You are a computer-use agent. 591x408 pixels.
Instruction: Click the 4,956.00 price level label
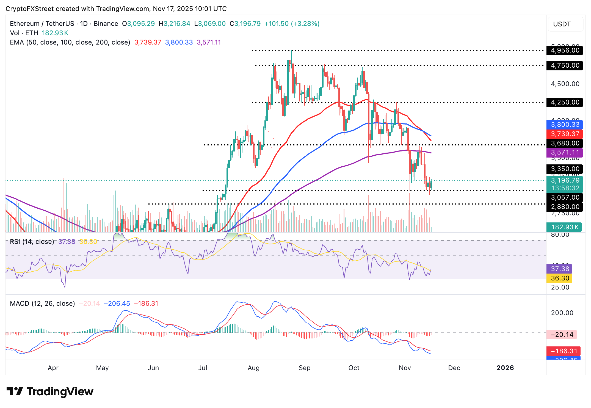point(565,51)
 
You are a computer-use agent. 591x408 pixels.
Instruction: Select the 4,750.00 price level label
point(565,66)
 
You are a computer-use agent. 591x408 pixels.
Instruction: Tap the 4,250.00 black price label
point(565,103)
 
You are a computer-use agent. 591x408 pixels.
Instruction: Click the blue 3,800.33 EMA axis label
point(565,125)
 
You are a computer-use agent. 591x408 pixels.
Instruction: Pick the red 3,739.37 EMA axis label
point(565,134)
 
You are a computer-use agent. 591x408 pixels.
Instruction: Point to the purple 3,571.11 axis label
point(565,153)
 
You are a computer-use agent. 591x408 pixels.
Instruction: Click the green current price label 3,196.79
point(565,181)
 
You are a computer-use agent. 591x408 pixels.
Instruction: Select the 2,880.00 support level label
point(565,207)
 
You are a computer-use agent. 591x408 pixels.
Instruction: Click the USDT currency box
point(565,24)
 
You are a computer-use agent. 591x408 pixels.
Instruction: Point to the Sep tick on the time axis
point(304,368)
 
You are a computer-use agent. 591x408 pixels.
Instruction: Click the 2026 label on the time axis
point(505,368)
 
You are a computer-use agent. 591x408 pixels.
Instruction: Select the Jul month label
point(203,368)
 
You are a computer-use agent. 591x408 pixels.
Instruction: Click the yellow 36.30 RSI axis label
point(560,279)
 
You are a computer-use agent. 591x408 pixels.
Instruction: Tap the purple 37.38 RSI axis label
point(560,269)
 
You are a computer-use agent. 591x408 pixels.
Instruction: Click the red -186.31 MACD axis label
point(564,351)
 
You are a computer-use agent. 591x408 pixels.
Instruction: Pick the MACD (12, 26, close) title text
point(42,304)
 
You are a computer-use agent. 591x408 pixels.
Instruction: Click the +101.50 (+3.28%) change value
point(292,24)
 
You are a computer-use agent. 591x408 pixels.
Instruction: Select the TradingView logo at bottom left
point(50,392)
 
